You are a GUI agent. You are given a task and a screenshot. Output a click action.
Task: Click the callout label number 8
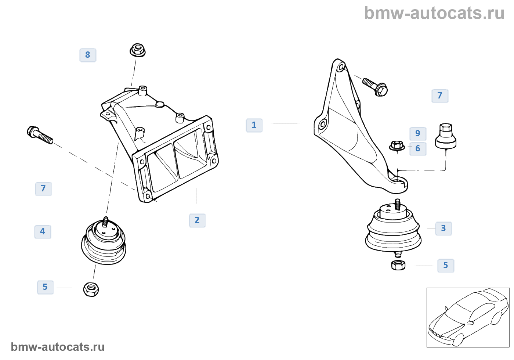[x=88, y=55]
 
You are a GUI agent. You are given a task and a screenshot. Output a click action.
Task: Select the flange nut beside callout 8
[x=137, y=50]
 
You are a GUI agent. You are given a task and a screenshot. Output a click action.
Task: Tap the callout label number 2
[x=197, y=220]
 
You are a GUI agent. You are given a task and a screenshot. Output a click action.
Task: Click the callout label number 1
[x=254, y=125]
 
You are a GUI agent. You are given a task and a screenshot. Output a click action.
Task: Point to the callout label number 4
[x=43, y=232]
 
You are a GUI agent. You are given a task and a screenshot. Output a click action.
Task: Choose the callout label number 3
[x=444, y=228]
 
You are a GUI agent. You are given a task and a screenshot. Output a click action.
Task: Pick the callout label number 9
[x=418, y=134]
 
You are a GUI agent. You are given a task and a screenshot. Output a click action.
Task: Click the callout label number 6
[x=418, y=149]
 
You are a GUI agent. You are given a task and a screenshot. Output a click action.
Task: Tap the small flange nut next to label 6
[x=397, y=145]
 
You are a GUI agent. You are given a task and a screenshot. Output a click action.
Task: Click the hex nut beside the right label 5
[x=398, y=265]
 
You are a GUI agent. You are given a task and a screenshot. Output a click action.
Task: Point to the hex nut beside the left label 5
[x=91, y=289]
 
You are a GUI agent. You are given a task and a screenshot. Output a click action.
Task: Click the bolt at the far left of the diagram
[x=40, y=135]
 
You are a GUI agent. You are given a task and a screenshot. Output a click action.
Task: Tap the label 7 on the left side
[x=43, y=189]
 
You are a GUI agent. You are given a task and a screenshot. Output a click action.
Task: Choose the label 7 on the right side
[x=440, y=96]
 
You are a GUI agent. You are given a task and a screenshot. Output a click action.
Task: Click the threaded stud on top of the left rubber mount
[x=106, y=222]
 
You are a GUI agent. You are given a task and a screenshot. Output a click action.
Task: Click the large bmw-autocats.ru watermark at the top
[x=434, y=13]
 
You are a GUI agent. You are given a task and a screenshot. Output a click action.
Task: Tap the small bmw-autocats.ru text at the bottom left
[x=58, y=347]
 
